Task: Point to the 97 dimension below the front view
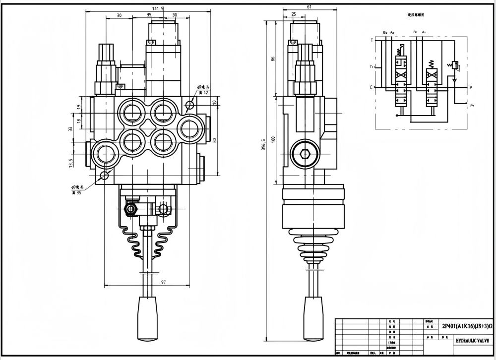150,282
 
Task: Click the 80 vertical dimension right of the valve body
215,139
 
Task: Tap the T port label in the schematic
372,40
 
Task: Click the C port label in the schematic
372,87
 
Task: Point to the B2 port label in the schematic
385,32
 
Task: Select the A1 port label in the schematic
423,32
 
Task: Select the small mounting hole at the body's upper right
189,105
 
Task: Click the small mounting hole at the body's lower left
105,176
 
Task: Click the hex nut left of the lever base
131,209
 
